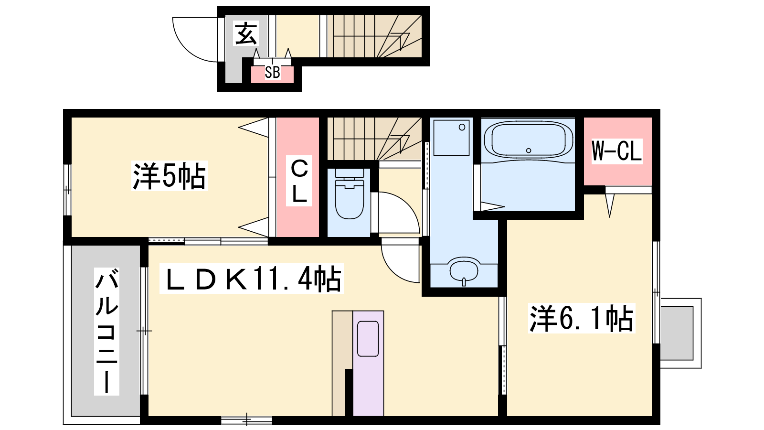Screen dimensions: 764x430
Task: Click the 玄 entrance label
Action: point(246,33)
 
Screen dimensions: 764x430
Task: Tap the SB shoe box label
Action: point(273,72)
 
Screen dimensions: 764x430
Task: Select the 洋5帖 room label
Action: point(170,176)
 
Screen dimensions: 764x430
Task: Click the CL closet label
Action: point(299,181)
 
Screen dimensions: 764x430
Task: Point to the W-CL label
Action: point(616,151)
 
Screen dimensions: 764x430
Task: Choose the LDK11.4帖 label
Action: point(251,279)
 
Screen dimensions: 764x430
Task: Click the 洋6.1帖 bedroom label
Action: point(582,318)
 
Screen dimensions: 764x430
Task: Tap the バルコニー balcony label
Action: point(107,332)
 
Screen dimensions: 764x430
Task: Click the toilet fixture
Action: point(349,194)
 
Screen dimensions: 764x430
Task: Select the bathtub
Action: point(528,140)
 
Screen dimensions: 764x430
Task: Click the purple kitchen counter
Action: point(368,363)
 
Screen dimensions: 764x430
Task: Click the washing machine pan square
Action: point(451,138)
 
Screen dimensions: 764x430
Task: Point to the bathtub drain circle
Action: point(529,150)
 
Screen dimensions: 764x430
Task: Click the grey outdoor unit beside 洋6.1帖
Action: point(677,333)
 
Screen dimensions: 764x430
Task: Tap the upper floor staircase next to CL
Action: point(374,139)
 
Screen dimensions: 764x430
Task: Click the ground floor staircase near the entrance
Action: point(374,36)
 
